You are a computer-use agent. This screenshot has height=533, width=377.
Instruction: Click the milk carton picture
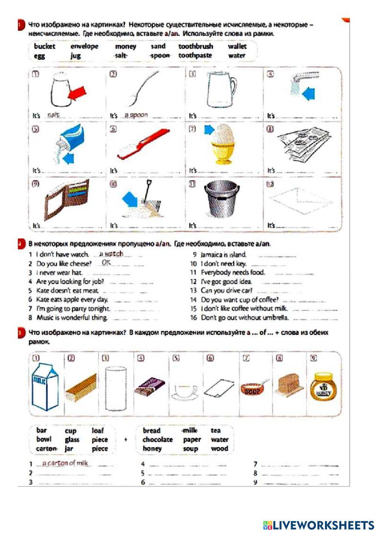click(45, 387)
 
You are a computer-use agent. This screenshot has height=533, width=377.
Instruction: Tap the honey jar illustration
click(323, 386)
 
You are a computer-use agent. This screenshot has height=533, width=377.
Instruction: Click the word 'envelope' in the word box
click(84, 46)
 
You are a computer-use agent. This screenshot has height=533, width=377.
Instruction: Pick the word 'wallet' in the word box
click(237, 46)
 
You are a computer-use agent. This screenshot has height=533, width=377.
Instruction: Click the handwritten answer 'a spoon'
click(136, 115)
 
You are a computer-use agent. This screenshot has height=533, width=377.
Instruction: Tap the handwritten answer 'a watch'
click(111, 254)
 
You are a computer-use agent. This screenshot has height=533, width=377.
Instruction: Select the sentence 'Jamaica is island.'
click(223, 255)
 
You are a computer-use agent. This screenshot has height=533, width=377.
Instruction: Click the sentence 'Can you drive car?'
click(226, 291)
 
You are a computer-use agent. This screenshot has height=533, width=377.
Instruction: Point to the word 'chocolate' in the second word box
click(158, 440)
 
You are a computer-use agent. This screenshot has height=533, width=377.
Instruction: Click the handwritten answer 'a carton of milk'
click(65, 463)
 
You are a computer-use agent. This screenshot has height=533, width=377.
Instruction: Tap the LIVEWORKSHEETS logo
click(318, 525)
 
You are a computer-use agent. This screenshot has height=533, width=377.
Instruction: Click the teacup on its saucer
click(184, 392)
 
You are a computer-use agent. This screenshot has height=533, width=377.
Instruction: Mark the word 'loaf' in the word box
click(98, 430)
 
